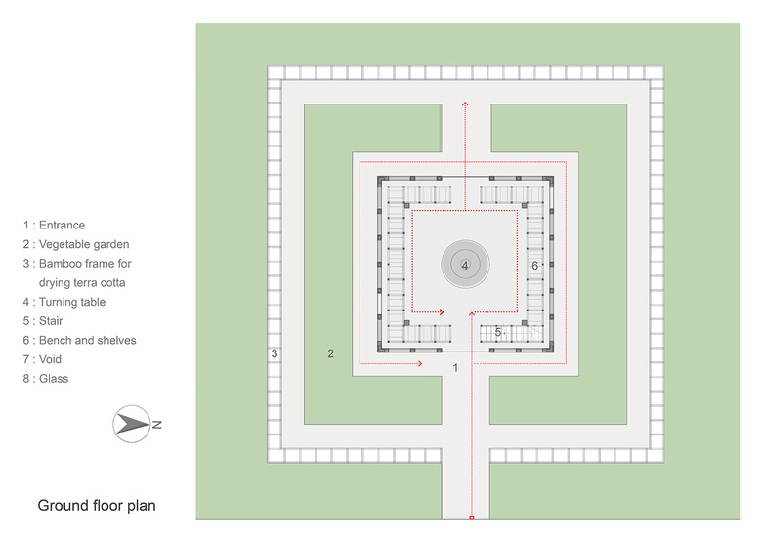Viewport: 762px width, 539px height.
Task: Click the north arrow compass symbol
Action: [133, 424]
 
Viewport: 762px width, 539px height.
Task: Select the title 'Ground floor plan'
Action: [97, 506]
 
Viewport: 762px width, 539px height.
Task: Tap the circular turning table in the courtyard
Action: [465, 265]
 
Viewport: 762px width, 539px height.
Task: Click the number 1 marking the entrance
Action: [455, 367]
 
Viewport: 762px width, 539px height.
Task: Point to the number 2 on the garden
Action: [331, 353]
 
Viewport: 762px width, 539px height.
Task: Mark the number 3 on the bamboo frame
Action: [275, 353]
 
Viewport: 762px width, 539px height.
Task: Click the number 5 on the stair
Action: [498, 333]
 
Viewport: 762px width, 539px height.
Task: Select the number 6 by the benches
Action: [534, 266]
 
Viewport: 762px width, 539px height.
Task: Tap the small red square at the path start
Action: [472, 517]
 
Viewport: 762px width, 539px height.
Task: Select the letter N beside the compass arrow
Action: [156, 424]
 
